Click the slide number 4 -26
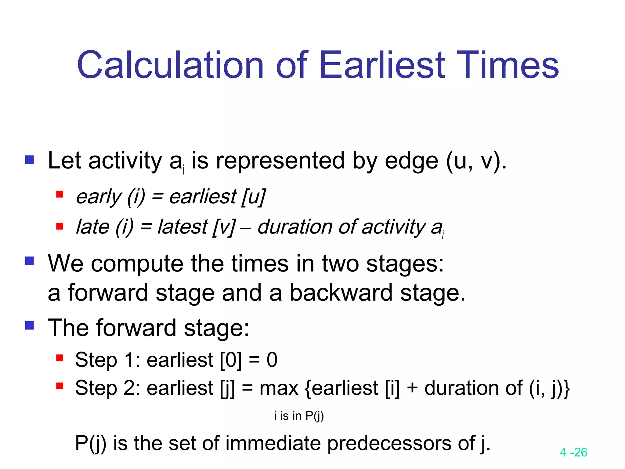tap(573, 452)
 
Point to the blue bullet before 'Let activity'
tap(30, 159)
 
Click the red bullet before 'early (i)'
tap(60, 194)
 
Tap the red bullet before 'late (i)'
tap(60, 226)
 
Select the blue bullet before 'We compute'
tap(30, 261)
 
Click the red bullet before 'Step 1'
tap(60, 358)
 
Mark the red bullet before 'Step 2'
tap(60, 386)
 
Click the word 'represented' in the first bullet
tap(280, 161)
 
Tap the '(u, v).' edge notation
tap(476, 161)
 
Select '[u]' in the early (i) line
tap(253, 197)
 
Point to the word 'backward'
tap(341, 293)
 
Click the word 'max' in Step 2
tap(279, 388)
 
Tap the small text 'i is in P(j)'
tap(299, 416)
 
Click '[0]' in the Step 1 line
tap(231, 360)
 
